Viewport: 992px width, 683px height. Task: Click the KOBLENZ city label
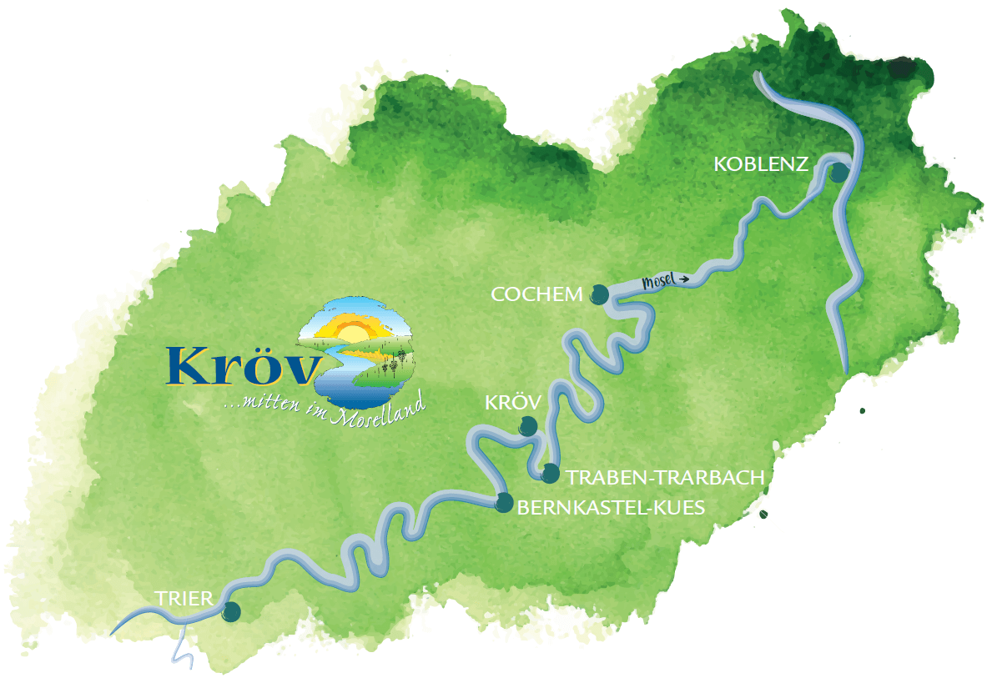761,164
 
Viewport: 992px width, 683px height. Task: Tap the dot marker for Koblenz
838,173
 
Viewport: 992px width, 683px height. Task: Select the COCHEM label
537,294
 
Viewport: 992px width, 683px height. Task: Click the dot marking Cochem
599,294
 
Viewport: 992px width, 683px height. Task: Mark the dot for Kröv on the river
528,425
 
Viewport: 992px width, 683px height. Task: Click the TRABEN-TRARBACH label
665,477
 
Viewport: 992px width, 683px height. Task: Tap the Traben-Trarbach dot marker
550,474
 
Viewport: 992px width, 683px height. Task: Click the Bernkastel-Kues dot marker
504,502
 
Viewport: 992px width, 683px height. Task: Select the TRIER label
184,597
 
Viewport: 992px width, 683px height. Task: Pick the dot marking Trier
231,612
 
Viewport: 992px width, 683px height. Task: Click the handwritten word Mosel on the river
658,281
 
